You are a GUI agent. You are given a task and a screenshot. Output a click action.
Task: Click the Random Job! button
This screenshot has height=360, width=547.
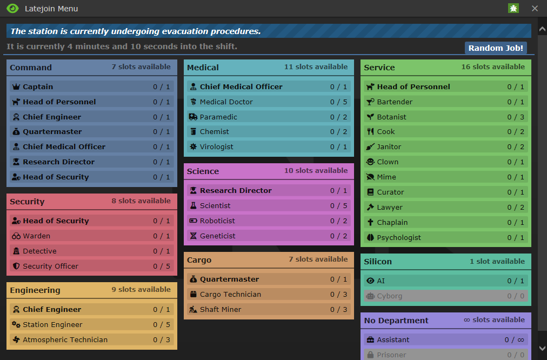click(x=496, y=48)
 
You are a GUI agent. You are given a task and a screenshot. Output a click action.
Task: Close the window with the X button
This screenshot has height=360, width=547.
click(x=535, y=9)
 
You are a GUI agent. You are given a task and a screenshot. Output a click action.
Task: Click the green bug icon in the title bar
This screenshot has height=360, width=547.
click(x=513, y=9)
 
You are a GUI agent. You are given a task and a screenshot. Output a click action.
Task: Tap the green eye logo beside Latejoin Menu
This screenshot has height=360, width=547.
click(x=12, y=9)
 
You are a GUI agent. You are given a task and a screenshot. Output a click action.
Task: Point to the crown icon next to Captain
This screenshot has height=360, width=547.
click(x=16, y=86)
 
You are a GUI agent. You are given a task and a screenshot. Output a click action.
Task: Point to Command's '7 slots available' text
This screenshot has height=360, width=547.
click(x=141, y=67)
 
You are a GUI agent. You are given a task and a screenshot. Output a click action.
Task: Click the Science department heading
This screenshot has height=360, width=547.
click(x=203, y=171)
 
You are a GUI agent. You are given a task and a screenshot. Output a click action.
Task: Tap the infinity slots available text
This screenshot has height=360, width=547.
click(x=494, y=320)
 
